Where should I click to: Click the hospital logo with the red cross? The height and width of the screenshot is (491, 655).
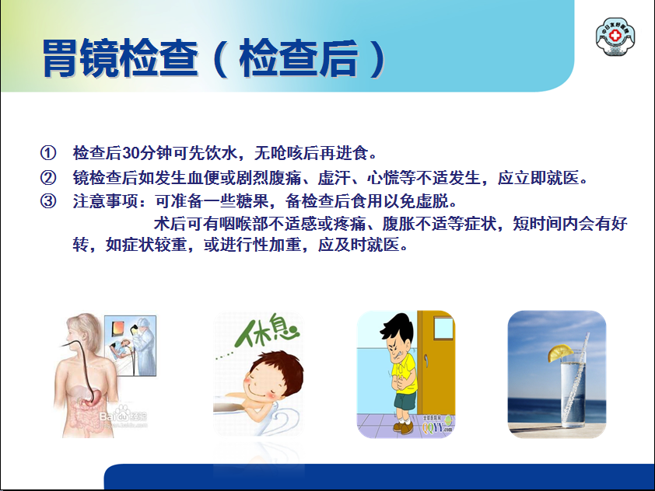[x=615, y=36]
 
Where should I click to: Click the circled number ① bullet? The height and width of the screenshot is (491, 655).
[x=48, y=153]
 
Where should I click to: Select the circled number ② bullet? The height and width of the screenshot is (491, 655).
[x=48, y=177]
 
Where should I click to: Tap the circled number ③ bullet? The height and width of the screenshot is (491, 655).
[x=48, y=200]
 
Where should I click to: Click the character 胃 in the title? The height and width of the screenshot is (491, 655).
[x=61, y=58]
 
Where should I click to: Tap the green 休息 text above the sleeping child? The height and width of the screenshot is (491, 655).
[x=267, y=331]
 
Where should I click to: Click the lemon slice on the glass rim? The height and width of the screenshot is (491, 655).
[x=560, y=353]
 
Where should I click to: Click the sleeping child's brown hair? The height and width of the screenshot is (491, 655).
[x=278, y=367]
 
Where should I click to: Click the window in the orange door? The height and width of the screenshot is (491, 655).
[x=443, y=328]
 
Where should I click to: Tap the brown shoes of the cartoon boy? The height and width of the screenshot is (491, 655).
[x=403, y=427]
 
